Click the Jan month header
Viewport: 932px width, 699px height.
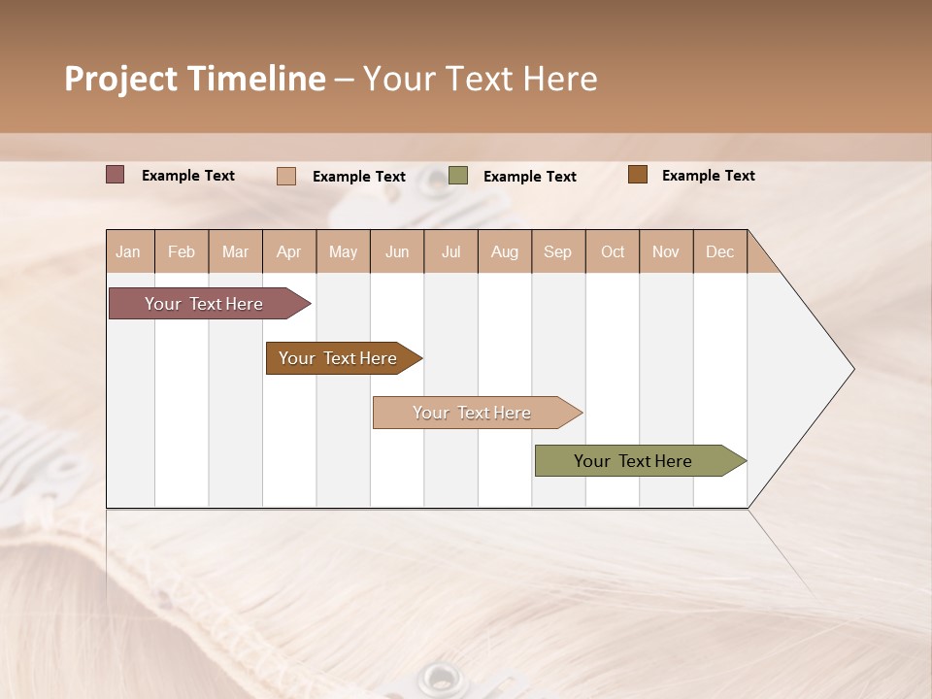pyautogui.click(x=129, y=251)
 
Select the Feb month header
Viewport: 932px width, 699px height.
pyautogui.click(x=182, y=251)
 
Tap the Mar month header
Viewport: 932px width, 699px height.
pyautogui.click(x=236, y=251)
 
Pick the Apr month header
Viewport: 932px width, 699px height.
pyautogui.click(x=289, y=251)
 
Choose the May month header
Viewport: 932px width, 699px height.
pyautogui.click(x=343, y=251)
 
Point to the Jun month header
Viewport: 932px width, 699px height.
pyautogui.click(x=397, y=251)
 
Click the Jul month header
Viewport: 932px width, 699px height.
pyautogui.click(x=450, y=251)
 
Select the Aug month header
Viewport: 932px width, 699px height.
pyautogui.click(x=505, y=251)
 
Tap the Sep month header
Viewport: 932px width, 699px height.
pyautogui.click(x=558, y=251)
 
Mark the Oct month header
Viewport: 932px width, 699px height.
pyautogui.click(x=613, y=251)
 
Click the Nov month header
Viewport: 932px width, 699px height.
pyautogui.click(x=666, y=251)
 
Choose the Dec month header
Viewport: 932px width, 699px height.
pyautogui.click(x=720, y=251)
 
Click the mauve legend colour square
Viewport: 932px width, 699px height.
pyautogui.click(x=116, y=175)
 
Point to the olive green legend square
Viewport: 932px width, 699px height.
pyautogui.click(x=458, y=176)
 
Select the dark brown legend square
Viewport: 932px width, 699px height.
pyautogui.click(x=638, y=175)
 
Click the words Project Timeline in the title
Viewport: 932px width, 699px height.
pyautogui.click(x=195, y=79)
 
